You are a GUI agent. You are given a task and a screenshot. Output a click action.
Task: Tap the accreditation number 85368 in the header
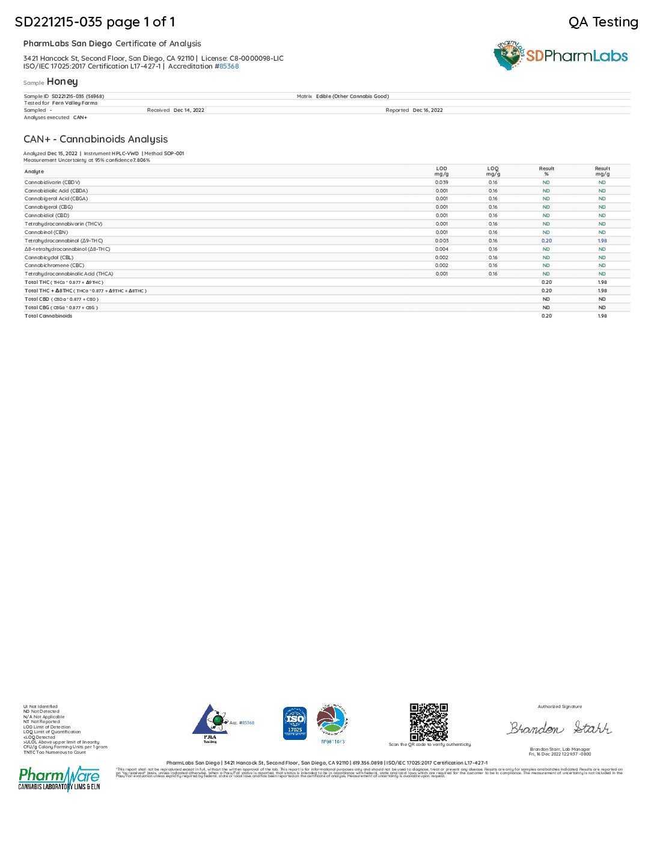click(229, 67)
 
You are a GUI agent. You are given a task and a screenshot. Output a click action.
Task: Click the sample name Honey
click(62, 82)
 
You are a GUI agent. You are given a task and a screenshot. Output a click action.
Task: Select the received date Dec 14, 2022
click(189, 111)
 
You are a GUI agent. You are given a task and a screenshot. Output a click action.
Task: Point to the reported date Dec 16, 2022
click(427, 111)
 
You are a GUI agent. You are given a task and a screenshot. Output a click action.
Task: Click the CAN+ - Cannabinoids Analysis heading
click(96, 140)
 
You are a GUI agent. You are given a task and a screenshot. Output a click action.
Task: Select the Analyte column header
click(34, 172)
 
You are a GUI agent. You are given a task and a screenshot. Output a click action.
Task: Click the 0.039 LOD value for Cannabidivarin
click(442, 182)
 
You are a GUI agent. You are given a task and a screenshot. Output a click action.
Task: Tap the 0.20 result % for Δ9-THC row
click(546, 241)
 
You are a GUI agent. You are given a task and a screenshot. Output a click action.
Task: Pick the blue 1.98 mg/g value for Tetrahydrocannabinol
click(602, 241)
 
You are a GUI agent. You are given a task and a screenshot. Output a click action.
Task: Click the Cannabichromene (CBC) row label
click(55, 265)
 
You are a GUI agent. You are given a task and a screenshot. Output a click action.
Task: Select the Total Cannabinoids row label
click(48, 316)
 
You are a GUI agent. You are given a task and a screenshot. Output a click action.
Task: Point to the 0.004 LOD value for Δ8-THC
click(442, 249)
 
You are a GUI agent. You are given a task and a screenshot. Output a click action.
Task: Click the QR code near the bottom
click(429, 722)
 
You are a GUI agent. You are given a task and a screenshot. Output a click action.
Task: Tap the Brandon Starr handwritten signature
click(560, 728)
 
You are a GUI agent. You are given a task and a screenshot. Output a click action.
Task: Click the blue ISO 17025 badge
click(295, 723)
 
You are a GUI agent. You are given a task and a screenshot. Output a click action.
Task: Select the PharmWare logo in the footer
click(59, 778)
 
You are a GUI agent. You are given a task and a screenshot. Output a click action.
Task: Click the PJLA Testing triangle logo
click(210, 722)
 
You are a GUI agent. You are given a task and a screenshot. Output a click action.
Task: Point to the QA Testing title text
click(603, 22)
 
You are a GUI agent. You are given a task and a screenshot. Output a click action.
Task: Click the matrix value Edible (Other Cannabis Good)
click(352, 96)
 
